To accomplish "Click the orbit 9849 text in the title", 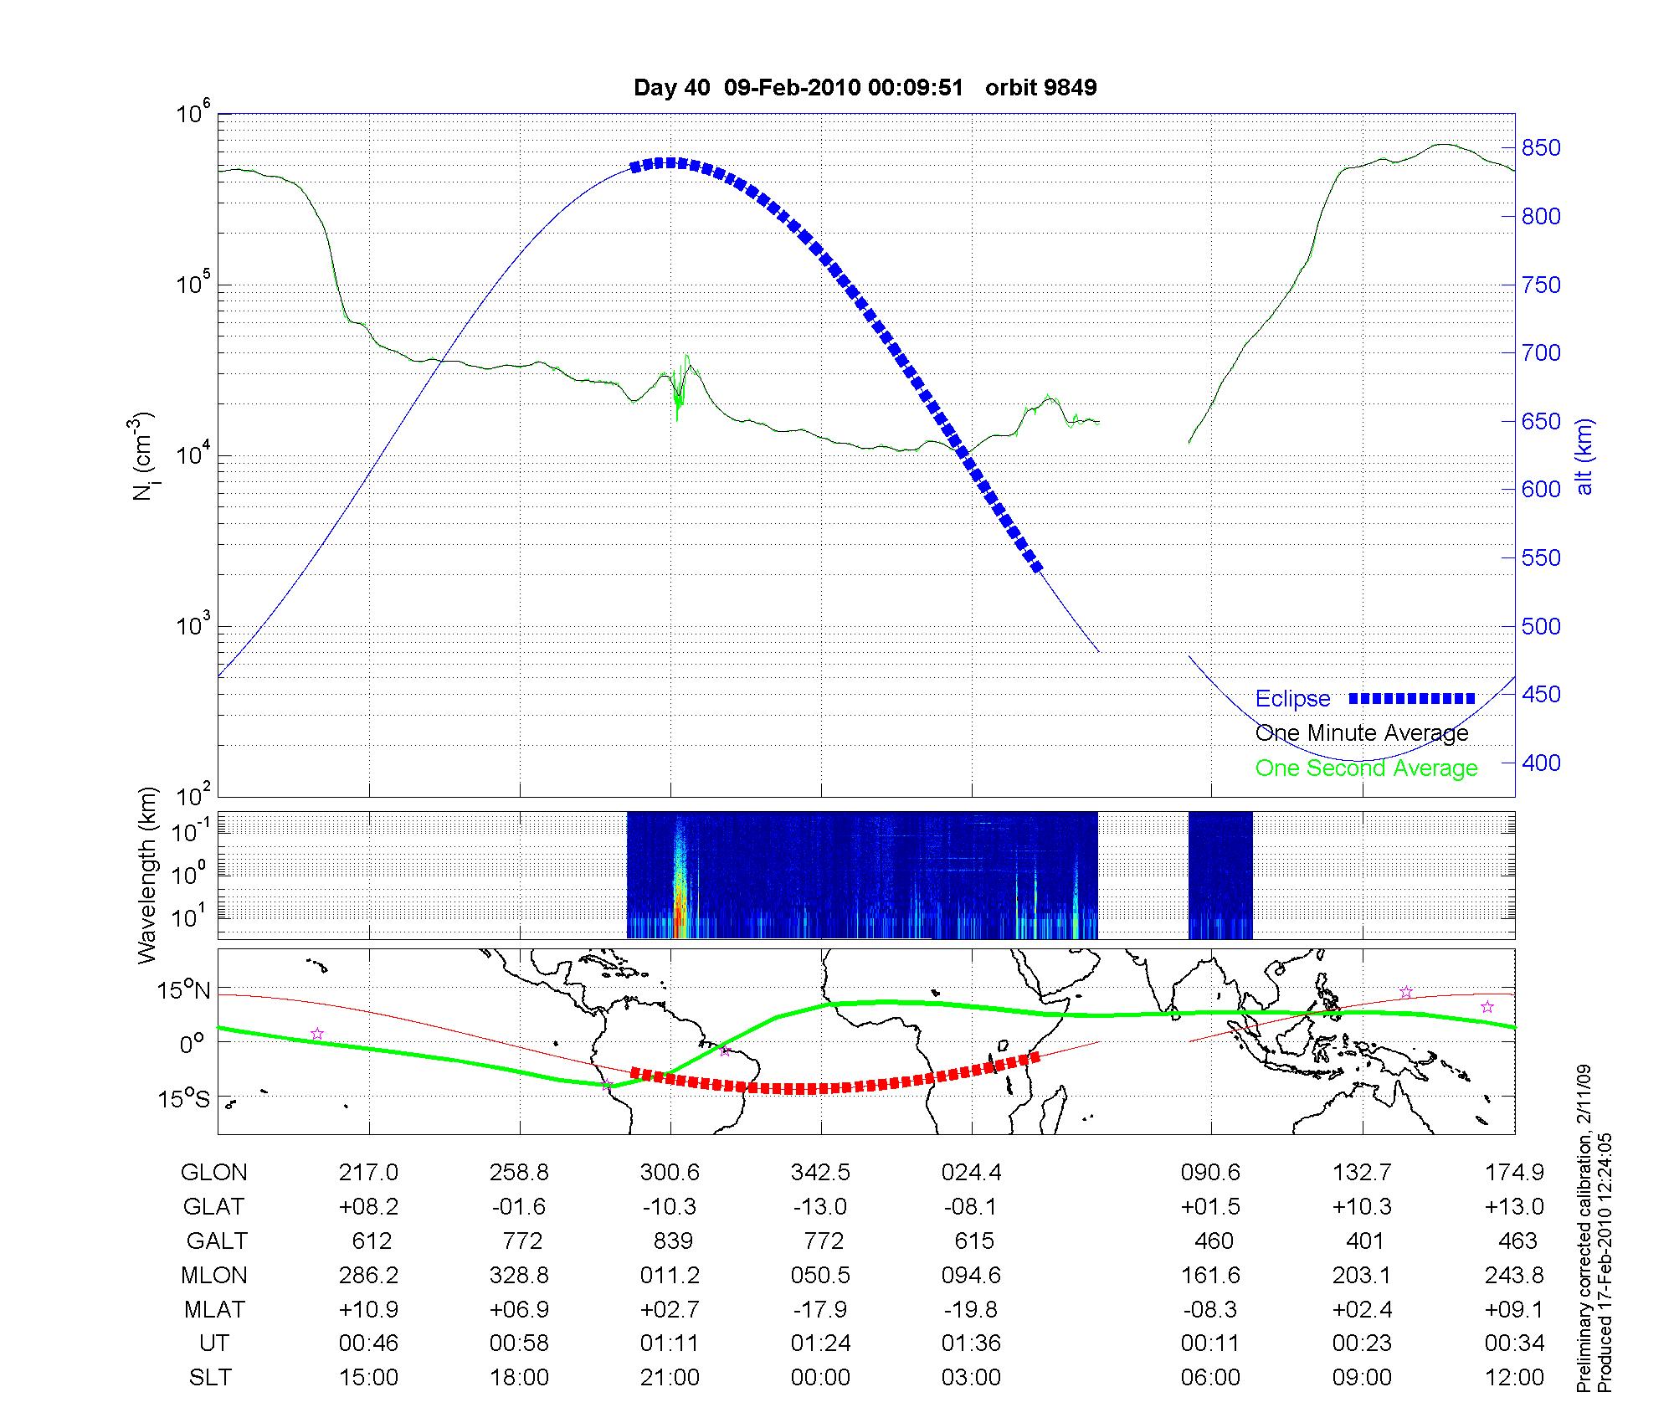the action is pyautogui.click(x=1040, y=88).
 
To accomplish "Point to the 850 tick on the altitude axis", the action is pyautogui.click(x=1541, y=148).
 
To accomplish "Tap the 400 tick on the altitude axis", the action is pyautogui.click(x=1541, y=763).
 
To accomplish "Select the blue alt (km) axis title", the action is pyautogui.click(x=1584, y=456).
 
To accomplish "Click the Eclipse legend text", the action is pyautogui.click(x=1292, y=699).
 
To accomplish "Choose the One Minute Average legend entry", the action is pyautogui.click(x=1362, y=733).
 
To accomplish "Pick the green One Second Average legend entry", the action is pyautogui.click(x=1366, y=768).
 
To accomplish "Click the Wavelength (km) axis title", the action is pyautogui.click(x=147, y=875).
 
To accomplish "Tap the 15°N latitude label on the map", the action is pyautogui.click(x=184, y=991).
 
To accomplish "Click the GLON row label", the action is pyautogui.click(x=214, y=1173).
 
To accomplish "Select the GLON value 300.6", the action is pyautogui.click(x=670, y=1173).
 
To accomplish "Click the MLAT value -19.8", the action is pyautogui.click(x=971, y=1309).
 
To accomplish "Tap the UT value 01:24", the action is pyautogui.click(x=820, y=1343).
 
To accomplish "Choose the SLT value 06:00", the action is pyautogui.click(x=1210, y=1378).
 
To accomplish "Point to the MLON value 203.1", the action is pyautogui.click(x=1362, y=1275).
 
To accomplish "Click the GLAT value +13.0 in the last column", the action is pyautogui.click(x=1514, y=1207).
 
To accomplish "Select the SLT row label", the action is pyautogui.click(x=210, y=1378).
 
